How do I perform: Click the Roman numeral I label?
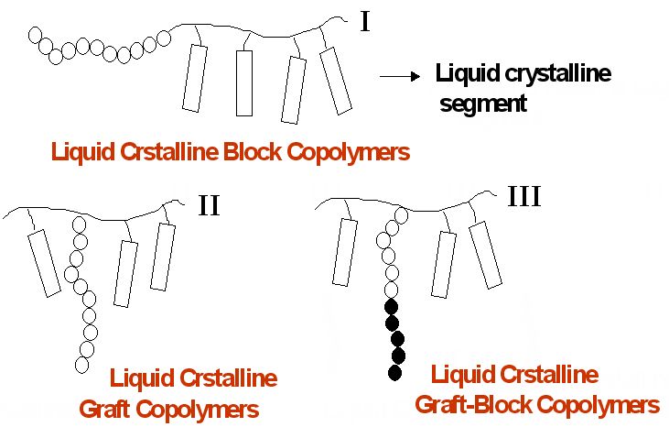pyautogui.click(x=365, y=20)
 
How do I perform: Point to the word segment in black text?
pyautogui.click(x=483, y=103)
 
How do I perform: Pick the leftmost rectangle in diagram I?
pyautogui.click(x=193, y=78)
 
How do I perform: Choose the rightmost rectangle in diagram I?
pyautogui.click(x=337, y=81)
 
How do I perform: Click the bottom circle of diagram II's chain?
pyautogui.click(x=81, y=364)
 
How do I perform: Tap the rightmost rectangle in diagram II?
pyautogui.click(x=163, y=256)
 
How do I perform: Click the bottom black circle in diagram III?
pyautogui.click(x=394, y=372)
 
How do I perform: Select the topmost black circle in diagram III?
pyautogui.click(x=391, y=306)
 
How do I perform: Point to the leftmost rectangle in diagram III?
pyautogui.click(x=345, y=252)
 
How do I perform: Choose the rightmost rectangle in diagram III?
pyautogui.click(x=486, y=254)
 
